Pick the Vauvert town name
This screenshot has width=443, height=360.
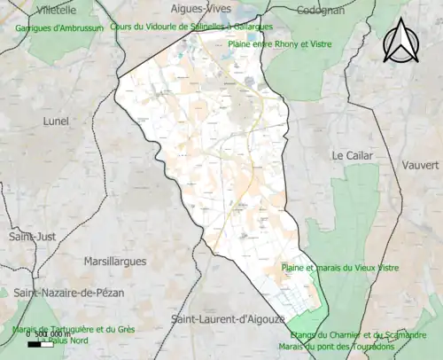tap(418, 166)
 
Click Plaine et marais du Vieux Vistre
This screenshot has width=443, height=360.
tap(339, 268)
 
